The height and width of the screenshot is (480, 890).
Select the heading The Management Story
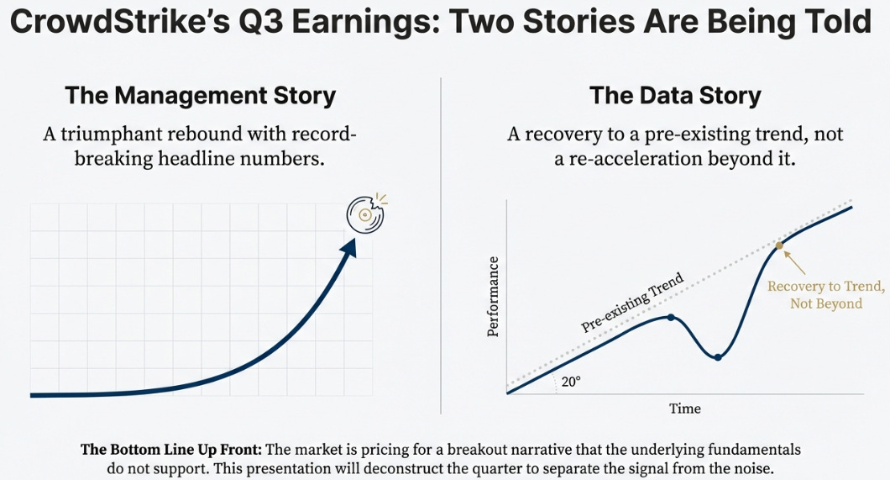point(201,95)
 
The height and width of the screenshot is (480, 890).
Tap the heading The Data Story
point(675,95)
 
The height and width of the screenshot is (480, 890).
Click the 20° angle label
point(571,381)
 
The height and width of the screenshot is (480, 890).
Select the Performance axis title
point(493,296)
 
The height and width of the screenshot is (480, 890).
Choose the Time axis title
point(684,409)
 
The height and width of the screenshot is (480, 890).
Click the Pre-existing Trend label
point(632,303)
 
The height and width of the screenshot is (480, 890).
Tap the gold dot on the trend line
point(778,245)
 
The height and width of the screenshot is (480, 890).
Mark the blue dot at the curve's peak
point(670,317)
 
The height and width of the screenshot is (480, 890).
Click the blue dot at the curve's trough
point(718,357)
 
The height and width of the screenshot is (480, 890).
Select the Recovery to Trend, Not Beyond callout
point(826,294)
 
